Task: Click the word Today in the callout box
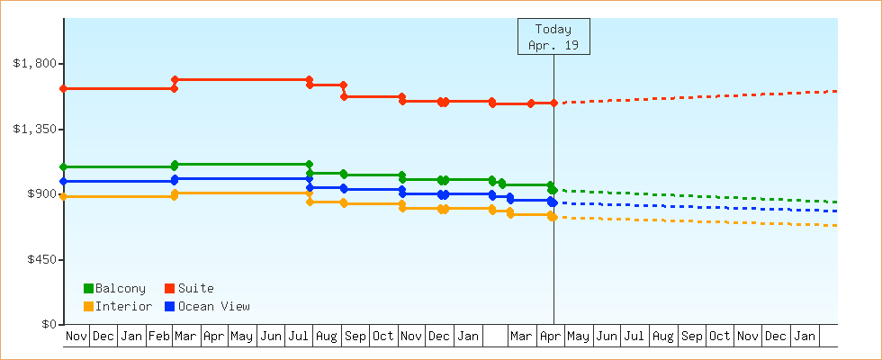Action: coord(553,29)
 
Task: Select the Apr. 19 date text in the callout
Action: coord(553,44)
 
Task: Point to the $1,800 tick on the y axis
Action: coord(35,63)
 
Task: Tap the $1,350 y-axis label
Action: coord(35,129)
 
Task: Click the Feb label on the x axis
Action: coord(159,337)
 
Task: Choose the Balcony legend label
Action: coord(120,288)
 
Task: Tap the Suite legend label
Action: coord(195,288)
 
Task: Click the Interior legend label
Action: coord(123,306)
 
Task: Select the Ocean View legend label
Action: coord(213,306)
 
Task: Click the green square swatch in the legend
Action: coord(88,288)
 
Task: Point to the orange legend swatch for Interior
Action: coord(88,306)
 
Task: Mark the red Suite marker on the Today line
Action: coord(553,103)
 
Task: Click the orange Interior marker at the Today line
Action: coord(553,217)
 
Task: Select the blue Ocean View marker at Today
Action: coord(553,202)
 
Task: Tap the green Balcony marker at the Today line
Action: coord(553,190)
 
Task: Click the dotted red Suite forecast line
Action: coord(702,97)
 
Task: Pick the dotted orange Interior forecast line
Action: coord(702,221)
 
